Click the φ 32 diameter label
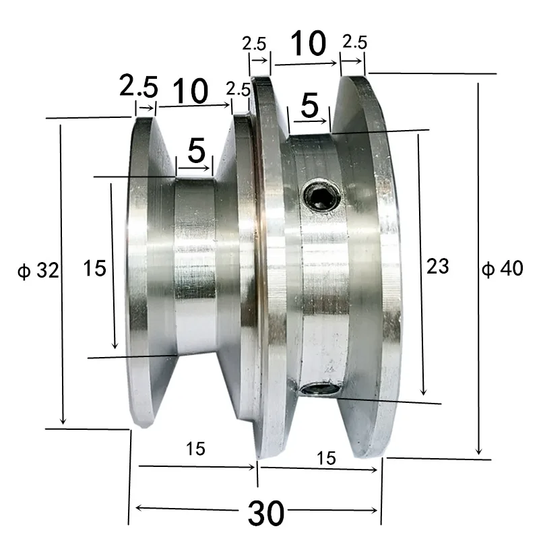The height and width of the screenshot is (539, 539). pos(39,271)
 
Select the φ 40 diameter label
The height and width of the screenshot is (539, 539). pos(503,268)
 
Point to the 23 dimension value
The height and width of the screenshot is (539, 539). pos(437,266)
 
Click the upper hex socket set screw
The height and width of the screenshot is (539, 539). pos(319,197)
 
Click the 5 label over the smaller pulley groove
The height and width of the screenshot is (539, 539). pos(196,152)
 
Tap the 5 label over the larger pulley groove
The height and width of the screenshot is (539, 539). pos(309,106)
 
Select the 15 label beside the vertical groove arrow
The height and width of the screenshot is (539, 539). pos(95,269)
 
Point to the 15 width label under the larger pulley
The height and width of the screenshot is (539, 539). pos(325,458)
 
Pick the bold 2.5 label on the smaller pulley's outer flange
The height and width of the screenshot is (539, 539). pos(138,86)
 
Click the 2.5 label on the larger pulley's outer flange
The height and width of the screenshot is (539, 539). pos(354,42)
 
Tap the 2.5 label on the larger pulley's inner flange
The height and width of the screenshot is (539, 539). pos(255,44)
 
